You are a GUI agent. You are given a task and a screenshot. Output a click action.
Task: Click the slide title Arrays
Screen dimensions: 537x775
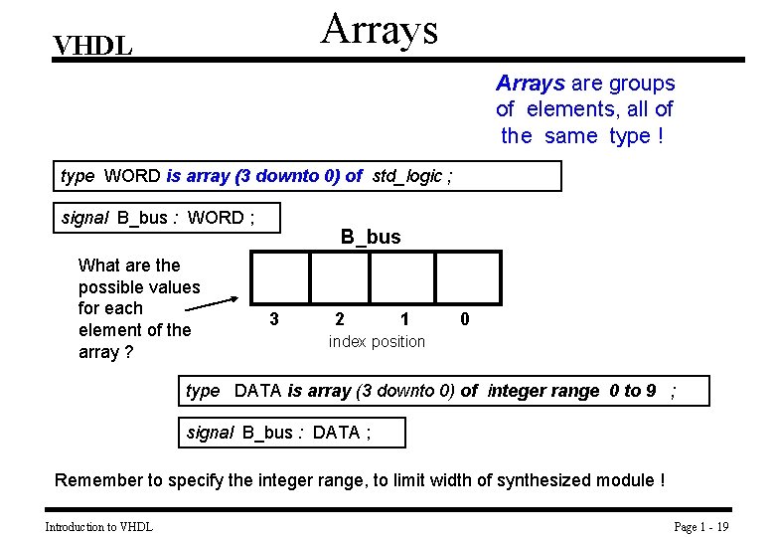(380, 29)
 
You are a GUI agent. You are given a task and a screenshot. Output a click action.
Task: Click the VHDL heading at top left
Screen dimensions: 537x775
(92, 46)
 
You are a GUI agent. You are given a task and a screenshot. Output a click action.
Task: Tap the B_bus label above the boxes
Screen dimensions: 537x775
(371, 237)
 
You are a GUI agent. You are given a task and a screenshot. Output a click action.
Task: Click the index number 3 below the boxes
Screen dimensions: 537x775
(274, 319)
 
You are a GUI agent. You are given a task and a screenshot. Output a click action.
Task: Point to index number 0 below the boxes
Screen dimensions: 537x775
(465, 319)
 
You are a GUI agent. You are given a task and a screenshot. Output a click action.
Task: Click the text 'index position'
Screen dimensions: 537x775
(377, 342)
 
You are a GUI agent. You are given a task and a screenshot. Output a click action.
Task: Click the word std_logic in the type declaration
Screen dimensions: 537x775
(407, 176)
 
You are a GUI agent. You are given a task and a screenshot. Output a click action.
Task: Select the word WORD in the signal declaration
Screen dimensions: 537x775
(216, 218)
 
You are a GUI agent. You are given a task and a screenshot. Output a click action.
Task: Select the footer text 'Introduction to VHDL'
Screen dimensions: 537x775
(98, 527)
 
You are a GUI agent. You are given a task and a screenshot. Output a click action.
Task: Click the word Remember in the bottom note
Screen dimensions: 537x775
(98, 480)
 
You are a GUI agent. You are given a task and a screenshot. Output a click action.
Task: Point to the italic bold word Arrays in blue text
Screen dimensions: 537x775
(531, 84)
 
